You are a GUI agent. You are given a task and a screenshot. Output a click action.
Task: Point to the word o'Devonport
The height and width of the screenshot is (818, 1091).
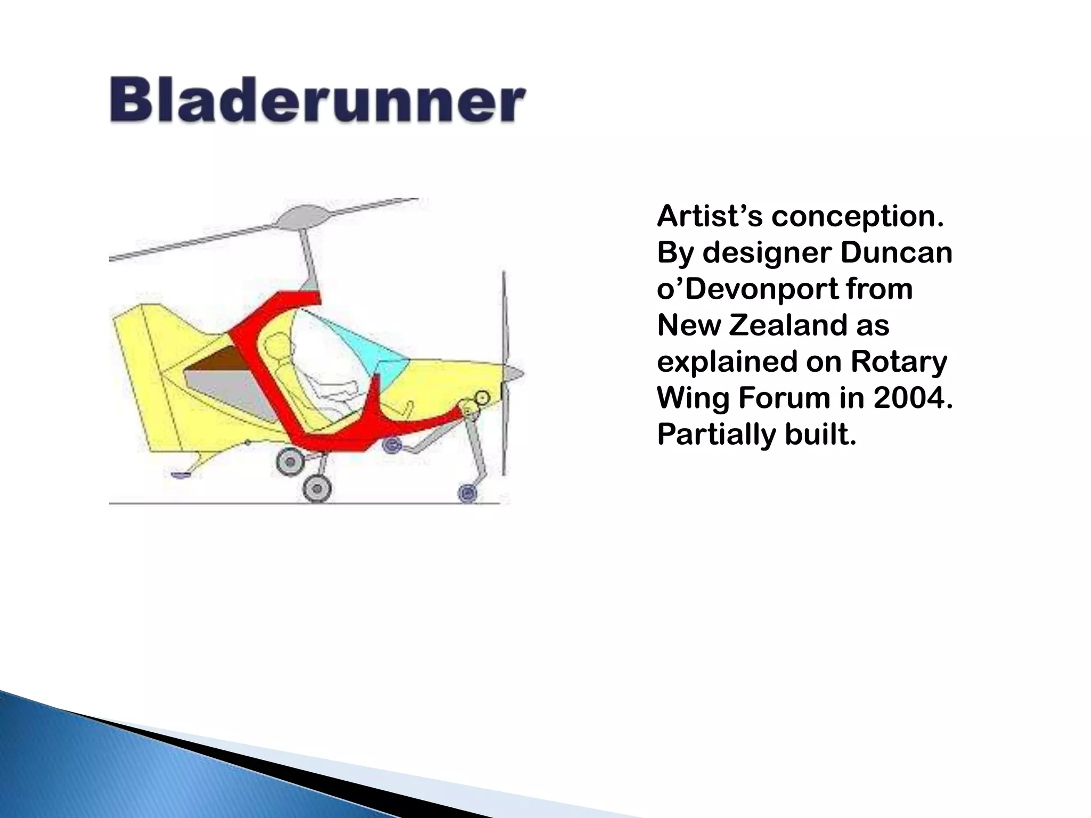coord(746,289)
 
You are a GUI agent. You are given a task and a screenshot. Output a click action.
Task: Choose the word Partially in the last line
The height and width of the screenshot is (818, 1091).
coord(715,435)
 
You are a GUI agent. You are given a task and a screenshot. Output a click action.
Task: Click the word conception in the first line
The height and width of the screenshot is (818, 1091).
coord(857,217)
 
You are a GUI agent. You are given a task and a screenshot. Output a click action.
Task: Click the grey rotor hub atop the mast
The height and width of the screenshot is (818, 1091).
coord(302,217)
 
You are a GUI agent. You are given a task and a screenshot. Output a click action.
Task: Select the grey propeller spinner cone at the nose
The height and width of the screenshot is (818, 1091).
coord(514,373)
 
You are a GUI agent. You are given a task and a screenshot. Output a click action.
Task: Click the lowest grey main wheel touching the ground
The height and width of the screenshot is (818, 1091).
coord(317,488)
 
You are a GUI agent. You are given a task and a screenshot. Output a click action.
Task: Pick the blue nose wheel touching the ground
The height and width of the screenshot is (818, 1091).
coord(468,493)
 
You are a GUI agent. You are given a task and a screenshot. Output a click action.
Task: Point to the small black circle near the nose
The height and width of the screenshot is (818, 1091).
coord(482,397)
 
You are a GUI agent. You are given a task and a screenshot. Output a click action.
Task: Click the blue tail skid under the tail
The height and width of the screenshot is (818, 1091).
coord(182,474)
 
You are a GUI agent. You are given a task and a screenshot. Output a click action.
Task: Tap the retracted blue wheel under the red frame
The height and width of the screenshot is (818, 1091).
coord(393,444)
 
